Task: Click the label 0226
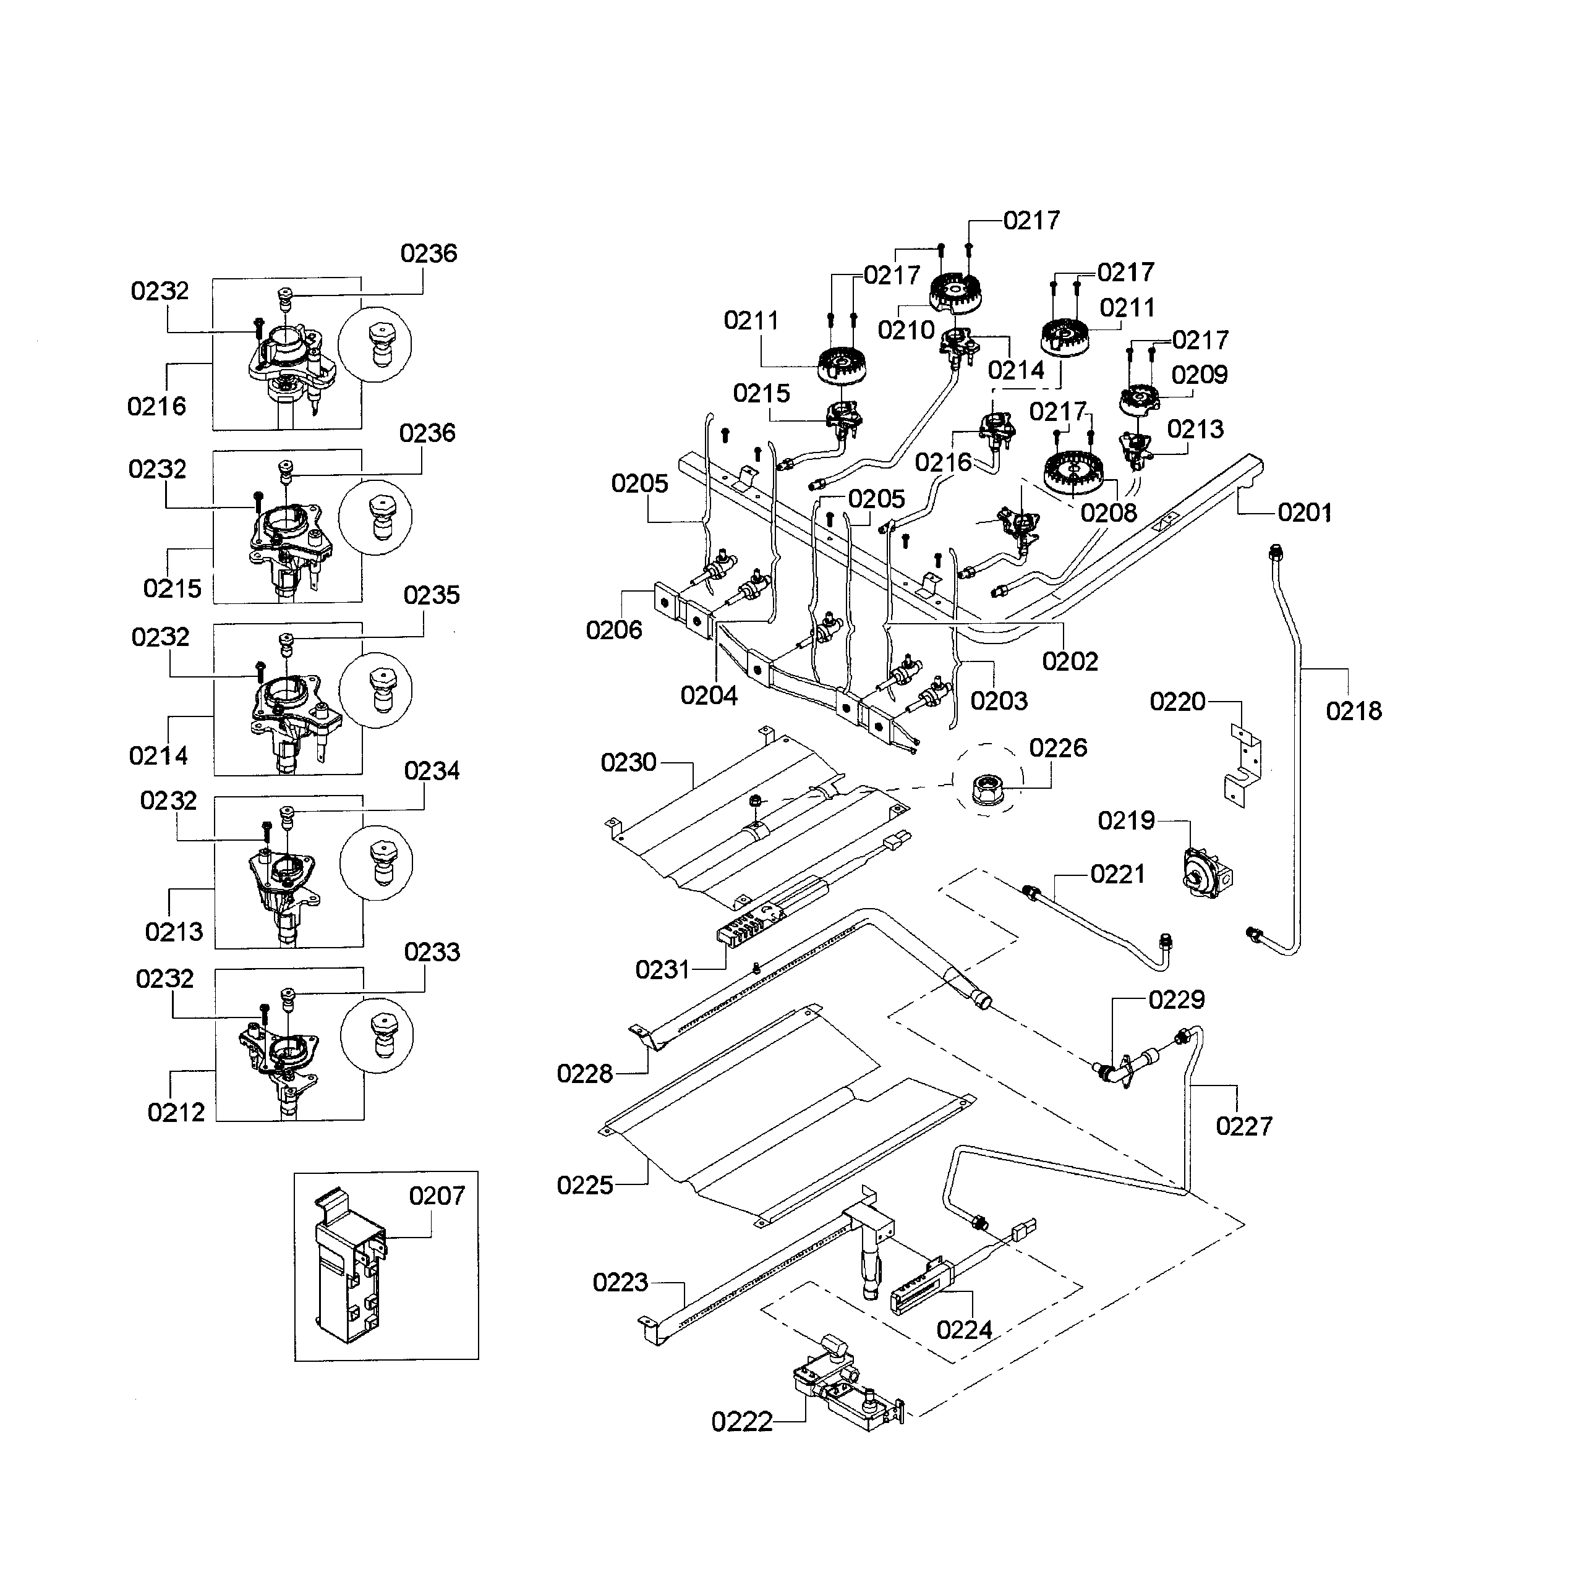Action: tap(1058, 747)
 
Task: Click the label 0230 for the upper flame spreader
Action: tap(628, 762)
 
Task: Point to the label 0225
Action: tap(585, 1185)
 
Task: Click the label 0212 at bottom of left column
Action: tap(176, 1111)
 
